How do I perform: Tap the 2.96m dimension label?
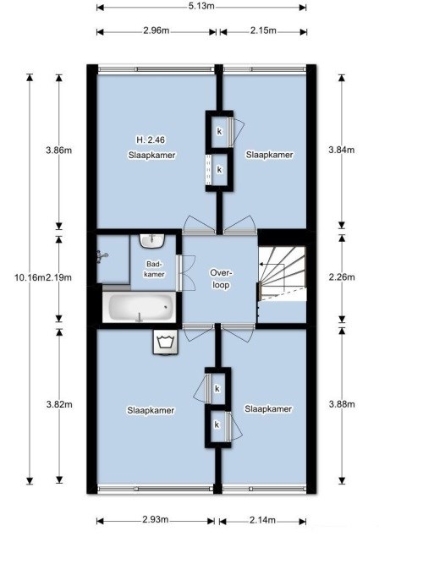(157, 32)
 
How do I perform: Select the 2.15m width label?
(263, 32)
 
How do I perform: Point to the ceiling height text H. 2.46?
(151, 140)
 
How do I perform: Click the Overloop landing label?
(222, 279)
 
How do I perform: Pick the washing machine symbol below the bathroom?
(164, 343)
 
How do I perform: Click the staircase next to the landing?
(281, 275)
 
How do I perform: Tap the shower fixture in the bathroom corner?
(105, 255)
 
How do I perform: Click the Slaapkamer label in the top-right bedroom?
(269, 156)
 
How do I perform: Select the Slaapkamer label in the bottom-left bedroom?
(151, 410)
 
